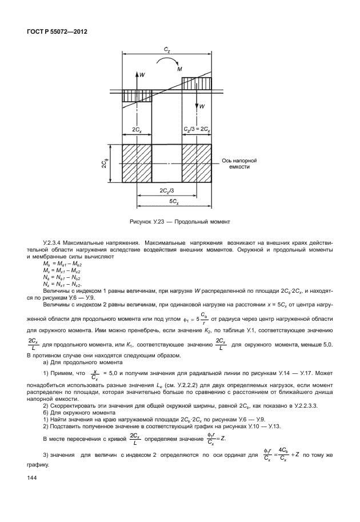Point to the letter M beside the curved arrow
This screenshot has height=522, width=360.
pos(180,68)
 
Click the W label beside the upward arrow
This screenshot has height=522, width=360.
pos(143,74)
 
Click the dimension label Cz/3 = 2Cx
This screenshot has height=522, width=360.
pos(197,131)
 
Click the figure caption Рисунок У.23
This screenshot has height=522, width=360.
pos(179,221)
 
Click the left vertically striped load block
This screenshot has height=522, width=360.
pos(137,96)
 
